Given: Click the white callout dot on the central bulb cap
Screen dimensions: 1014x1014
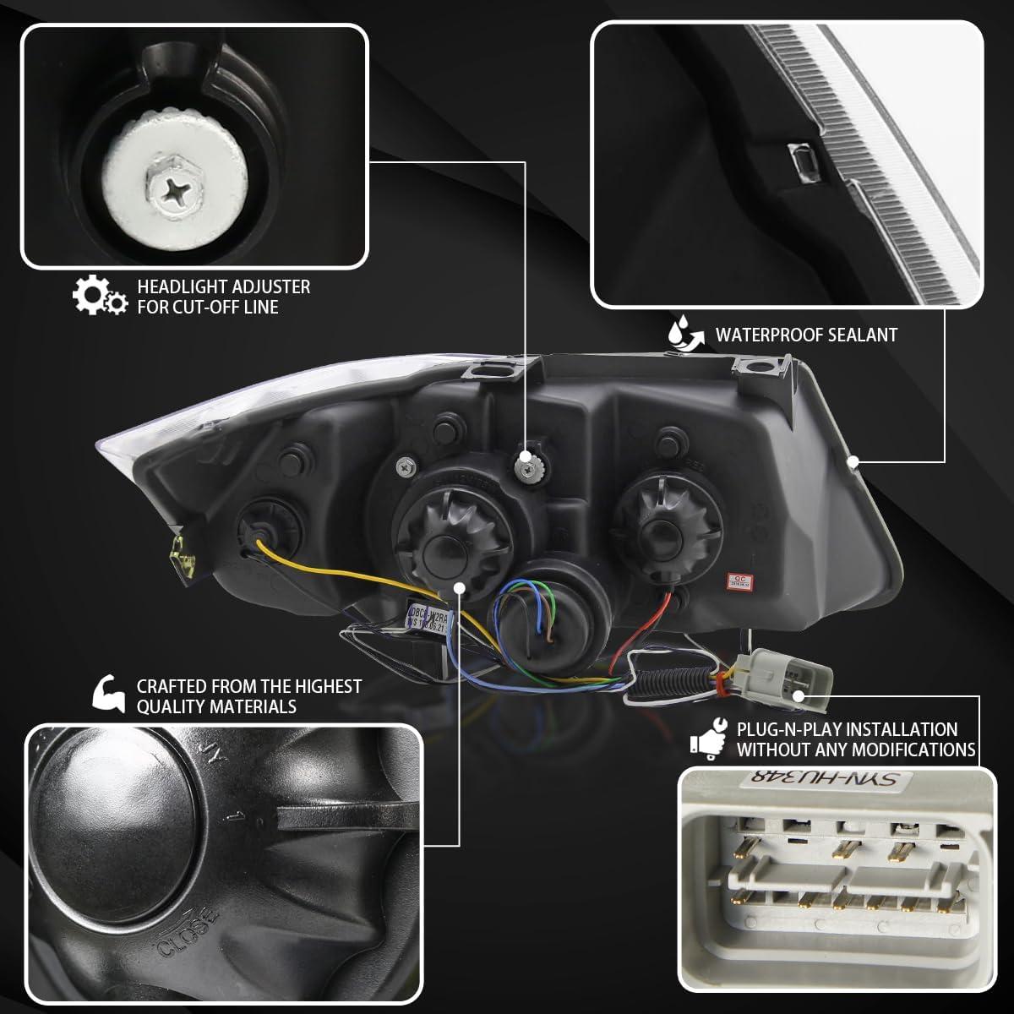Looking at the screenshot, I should [459, 586].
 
